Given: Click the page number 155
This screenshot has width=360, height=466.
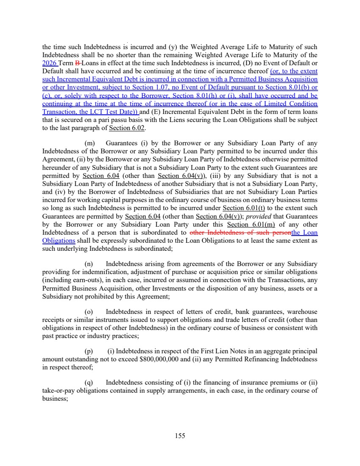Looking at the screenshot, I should (x=180, y=435).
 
